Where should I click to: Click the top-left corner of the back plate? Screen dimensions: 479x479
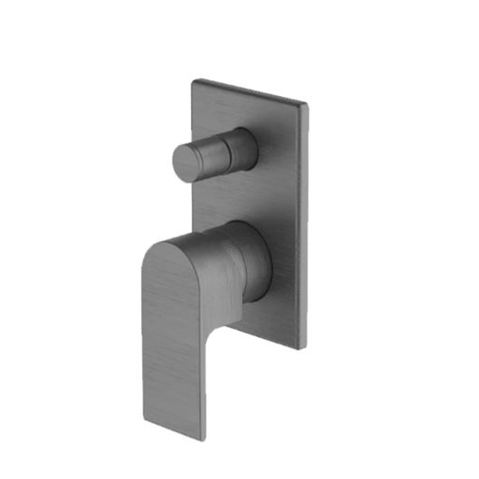(x=193, y=81)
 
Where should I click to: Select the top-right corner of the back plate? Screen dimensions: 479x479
(x=306, y=105)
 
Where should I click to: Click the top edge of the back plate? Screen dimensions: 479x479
(x=248, y=92)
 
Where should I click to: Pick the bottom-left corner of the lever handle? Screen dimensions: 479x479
(x=144, y=417)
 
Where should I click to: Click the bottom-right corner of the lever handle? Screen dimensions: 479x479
(x=203, y=439)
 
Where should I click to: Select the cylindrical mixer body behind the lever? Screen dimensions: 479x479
(x=253, y=262)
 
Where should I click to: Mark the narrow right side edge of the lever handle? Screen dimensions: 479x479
(x=203, y=390)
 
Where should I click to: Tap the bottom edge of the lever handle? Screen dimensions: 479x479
(x=173, y=428)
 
